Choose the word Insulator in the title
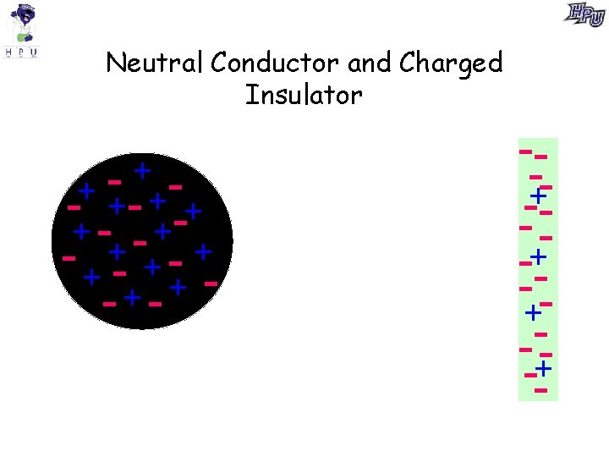click(x=304, y=95)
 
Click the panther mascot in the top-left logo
click(x=22, y=24)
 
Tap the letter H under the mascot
click(x=8, y=52)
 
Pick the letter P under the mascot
click(x=21, y=52)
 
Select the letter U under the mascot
click(x=34, y=52)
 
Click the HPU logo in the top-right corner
click(x=585, y=14)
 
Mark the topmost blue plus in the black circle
click(x=142, y=170)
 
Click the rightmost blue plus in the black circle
click(x=203, y=251)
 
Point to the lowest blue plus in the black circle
click(x=132, y=297)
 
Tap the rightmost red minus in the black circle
click(x=211, y=282)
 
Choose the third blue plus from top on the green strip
click(x=533, y=313)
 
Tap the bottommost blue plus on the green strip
click(x=543, y=368)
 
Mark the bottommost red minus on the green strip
click(x=541, y=390)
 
